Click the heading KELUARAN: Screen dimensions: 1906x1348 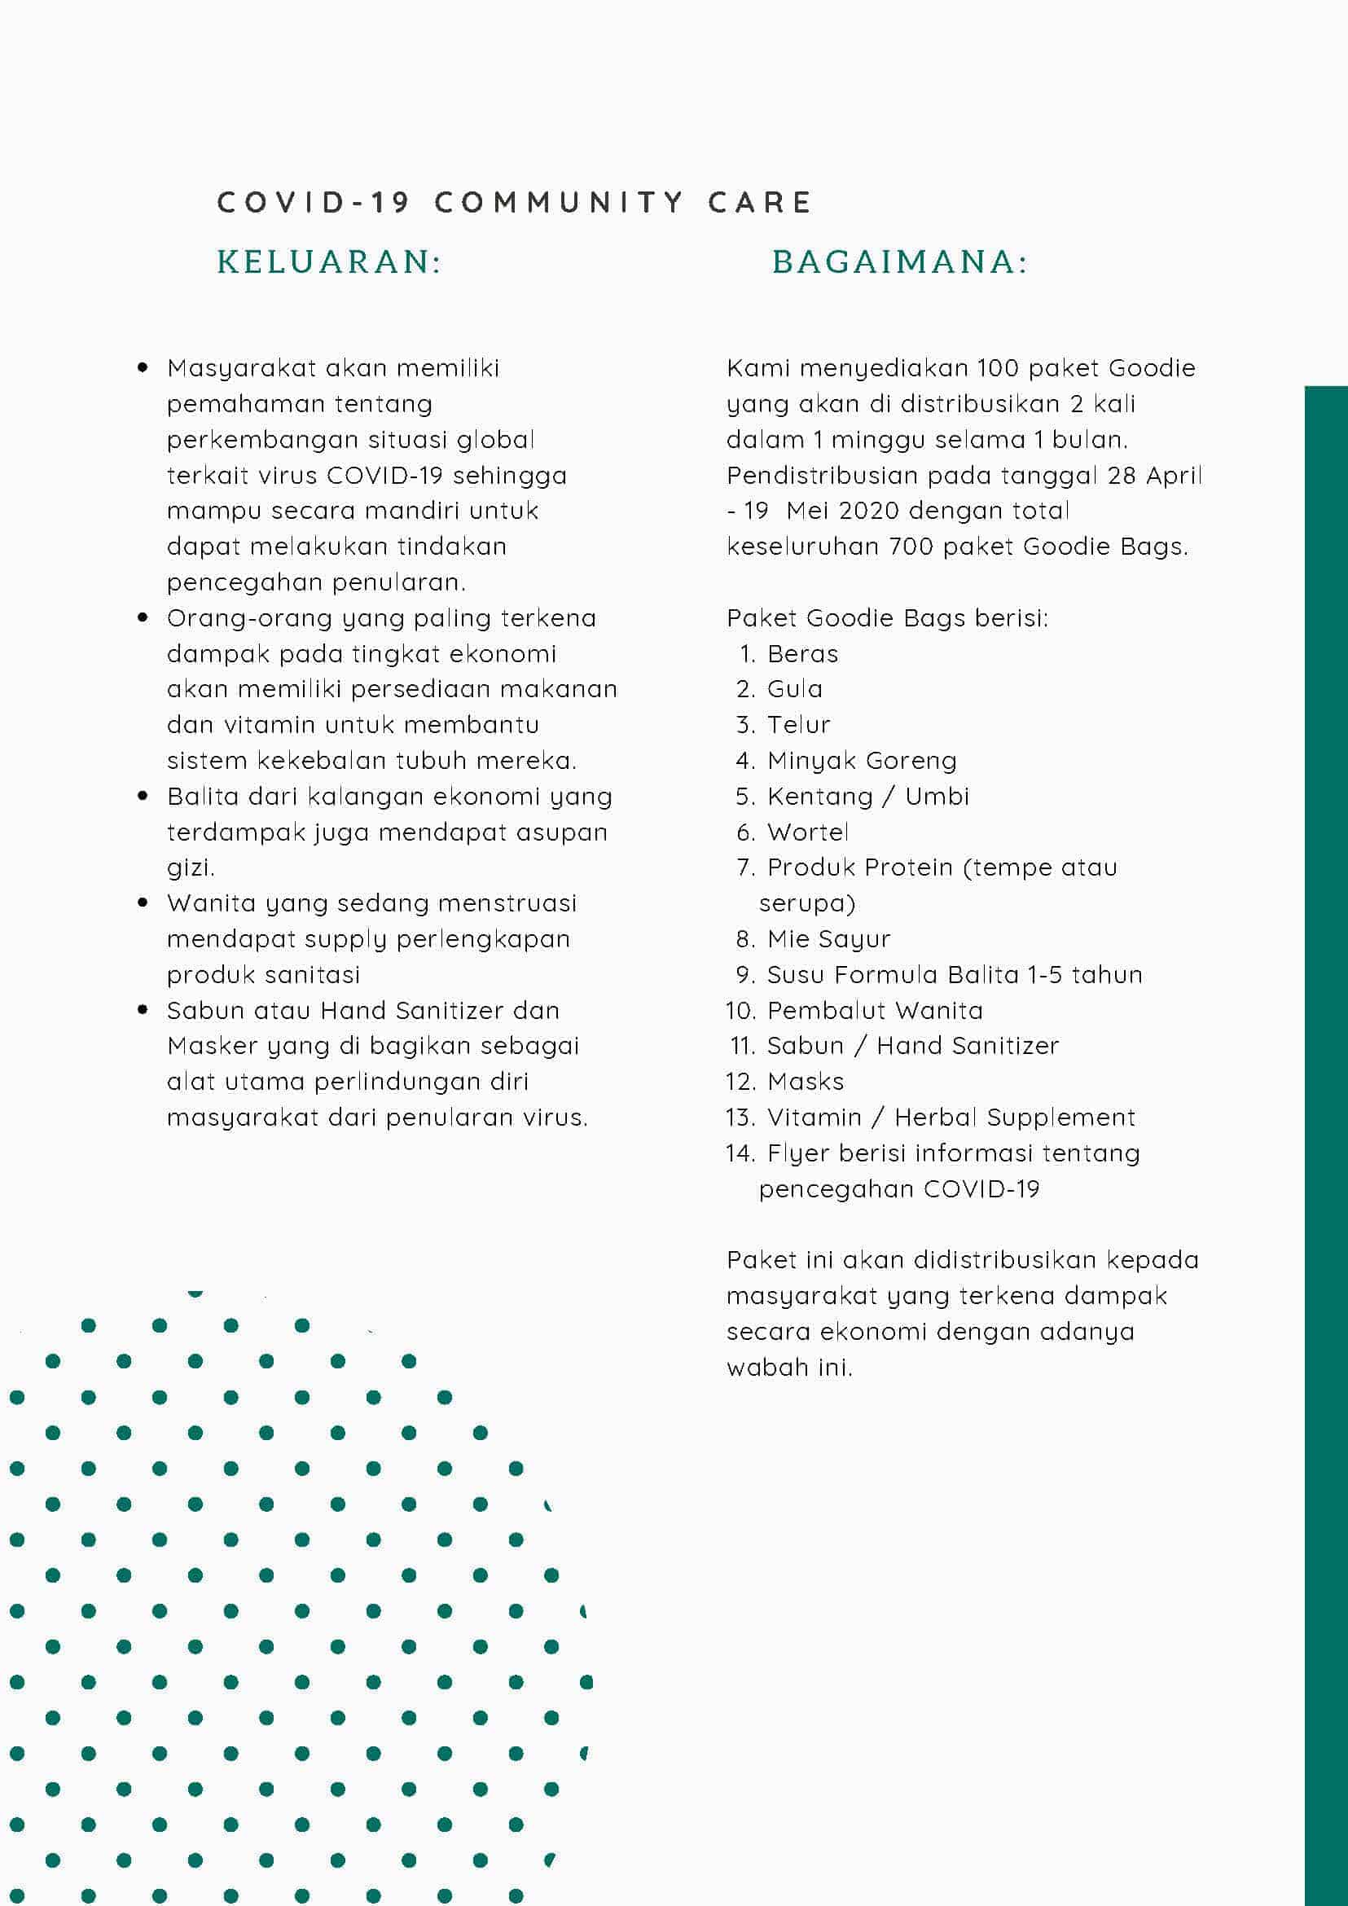[x=329, y=262]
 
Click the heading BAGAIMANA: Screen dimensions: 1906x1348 [x=900, y=262]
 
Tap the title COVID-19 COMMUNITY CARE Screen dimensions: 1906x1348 [x=515, y=203]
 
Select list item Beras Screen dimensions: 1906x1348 [x=802, y=654]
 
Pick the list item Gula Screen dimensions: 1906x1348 [x=794, y=689]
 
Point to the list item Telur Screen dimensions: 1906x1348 [x=798, y=725]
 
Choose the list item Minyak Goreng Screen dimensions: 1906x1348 [x=862, y=761]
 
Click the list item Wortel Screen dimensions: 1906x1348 [x=808, y=832]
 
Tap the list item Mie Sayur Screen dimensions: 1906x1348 [x=828, y=939]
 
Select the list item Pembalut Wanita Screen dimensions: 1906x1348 [x=875, y=1010]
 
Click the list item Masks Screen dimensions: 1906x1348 [x=806, y=1082]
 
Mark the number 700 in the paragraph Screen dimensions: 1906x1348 [x=911, y=547]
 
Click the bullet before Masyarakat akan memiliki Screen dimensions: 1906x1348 [x=143, y=367]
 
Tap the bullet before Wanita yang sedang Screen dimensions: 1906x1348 [x=143, y=902]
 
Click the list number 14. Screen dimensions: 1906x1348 [x=740, y=1153]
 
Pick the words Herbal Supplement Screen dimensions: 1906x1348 [x=1014, y=1118]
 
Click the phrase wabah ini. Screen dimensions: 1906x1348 [x=789, y=1368]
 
